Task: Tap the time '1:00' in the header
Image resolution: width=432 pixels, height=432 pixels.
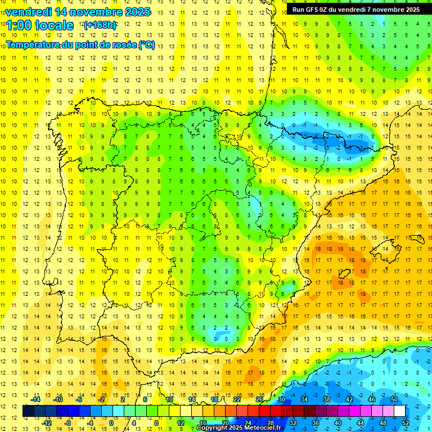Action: pos(20,25)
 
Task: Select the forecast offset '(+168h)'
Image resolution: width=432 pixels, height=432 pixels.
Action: pos(100,25)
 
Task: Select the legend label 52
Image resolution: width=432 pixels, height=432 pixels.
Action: pos(406,423)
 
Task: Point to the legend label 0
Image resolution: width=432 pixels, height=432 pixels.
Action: pos(111,423)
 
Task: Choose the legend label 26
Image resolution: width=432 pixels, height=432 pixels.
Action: pos(259,399)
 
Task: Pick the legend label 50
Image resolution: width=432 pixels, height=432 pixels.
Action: pos(394,399)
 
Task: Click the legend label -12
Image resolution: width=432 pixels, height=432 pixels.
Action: pos(47,423)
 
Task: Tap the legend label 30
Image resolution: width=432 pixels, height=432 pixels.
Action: pos(281,399)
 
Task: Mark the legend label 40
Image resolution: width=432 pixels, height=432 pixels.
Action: pos(337,423)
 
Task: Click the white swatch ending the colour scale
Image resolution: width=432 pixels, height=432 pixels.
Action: pos(399,411)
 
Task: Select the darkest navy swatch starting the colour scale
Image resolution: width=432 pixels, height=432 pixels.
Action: pos(28,411)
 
